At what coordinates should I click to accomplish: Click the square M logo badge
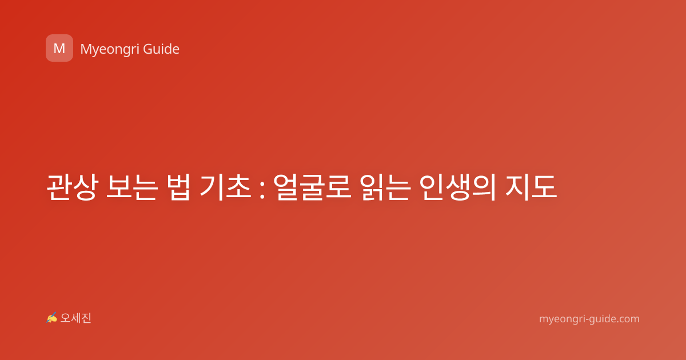pyautogui.click(x=59, y=48)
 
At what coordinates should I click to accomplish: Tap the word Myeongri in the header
pyautogui.click(x=109, y=50)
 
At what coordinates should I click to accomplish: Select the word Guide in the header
pyautogui.click(x=161, y=49)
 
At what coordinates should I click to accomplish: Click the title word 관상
pyautogui.click(x=72, y=187)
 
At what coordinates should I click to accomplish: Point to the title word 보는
pyautogui.click(x=132, y=187)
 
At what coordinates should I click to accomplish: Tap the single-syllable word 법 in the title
pyautogui.click(x=178, y=187)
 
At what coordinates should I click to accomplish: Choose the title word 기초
pyautogui.click(x=225, y=187)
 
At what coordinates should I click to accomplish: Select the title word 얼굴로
pyautogui.click(x=312, y=187)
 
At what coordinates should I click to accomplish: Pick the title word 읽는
pyautogui.click(x=385, y=187)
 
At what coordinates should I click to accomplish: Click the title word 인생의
pyautogui.click(x=457, y=187)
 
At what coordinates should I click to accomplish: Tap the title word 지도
pyautogui.click(x=531, y=187)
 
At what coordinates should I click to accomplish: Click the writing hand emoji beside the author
pyautogui.click(x=51, y=318)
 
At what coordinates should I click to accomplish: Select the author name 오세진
pyautogui.click(x=75, y=318)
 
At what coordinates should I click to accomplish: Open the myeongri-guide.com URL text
pyautogui.click(x=589, y=319)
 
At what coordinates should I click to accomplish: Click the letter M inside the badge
pyautogui.click(x=59, y=49)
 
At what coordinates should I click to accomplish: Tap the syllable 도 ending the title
pyautogui.click(x=544, y=187)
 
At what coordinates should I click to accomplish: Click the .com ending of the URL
pyautogui.click(x=628, y=319)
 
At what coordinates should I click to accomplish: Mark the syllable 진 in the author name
pyautogui.click(x=86, y=318)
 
